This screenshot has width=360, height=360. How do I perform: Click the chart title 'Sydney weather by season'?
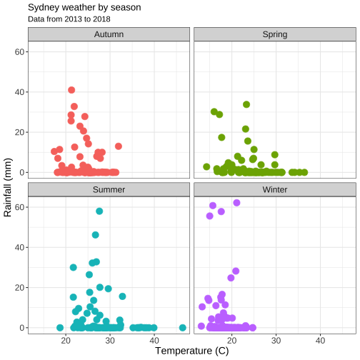(x=84, y=8)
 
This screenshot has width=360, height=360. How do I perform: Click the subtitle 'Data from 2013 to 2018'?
(x=69, y=19)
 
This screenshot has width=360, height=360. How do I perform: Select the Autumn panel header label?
(x=109, y=34)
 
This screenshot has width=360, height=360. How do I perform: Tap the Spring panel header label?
(x=275, y=34)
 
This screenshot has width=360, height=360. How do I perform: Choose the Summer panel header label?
(x=109, y=189)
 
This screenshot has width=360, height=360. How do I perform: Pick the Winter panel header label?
(x=275, y=189)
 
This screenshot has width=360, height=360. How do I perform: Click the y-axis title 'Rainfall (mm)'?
(x=8, y=187)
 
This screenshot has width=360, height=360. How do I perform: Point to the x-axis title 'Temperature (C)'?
(x=192, y=351)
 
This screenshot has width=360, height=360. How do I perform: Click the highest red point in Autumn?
(x=71, y=90)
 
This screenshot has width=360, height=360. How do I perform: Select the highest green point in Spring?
(x=246, y=104)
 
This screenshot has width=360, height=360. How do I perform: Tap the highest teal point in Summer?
(x=99, y=211)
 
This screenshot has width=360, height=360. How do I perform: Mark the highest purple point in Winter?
(x=236, y=203)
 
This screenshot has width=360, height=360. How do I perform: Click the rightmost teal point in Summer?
(x=183, y=328)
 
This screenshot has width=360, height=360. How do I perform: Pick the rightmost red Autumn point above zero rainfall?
(x=119, y=146)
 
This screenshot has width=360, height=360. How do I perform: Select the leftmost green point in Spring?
(x=206, y=166)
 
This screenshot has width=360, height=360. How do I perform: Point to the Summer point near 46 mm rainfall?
(x=95, y=235)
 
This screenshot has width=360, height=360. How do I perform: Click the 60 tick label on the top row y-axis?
(x=19, y=51)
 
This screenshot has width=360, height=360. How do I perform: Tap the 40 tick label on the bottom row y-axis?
(x=19, y=247)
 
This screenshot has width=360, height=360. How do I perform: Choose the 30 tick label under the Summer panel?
(x=110, y=341)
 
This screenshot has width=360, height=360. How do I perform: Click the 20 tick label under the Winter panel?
(x=232, y=341)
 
